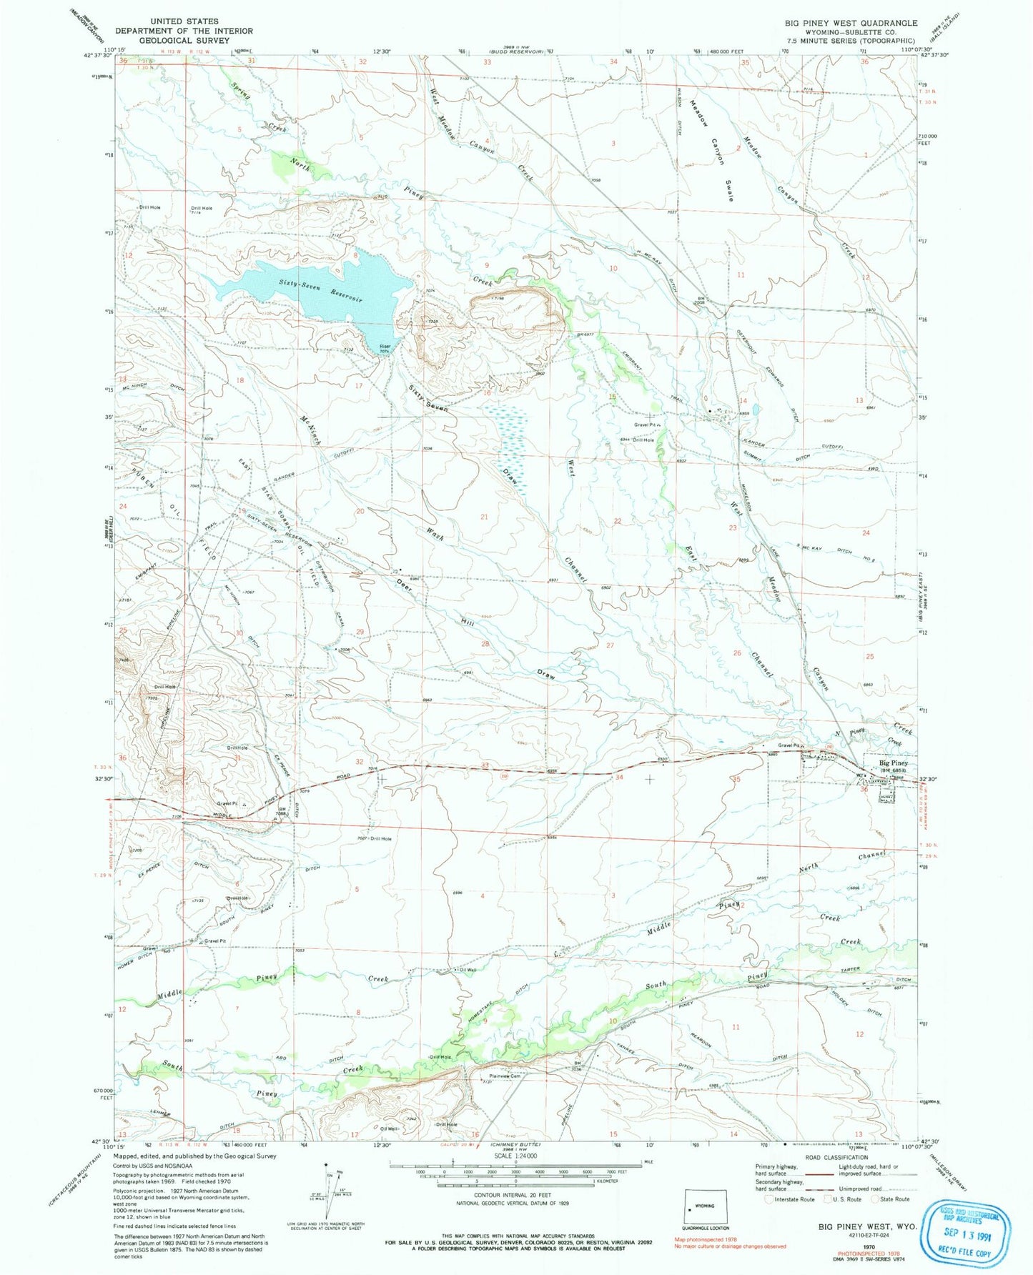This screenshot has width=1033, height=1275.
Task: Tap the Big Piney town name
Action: click(x=894, y=763)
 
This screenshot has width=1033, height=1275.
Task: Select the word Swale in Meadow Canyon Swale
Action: click(x=728, y=189)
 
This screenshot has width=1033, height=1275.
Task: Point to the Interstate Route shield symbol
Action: click(x=770, y=1200)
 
